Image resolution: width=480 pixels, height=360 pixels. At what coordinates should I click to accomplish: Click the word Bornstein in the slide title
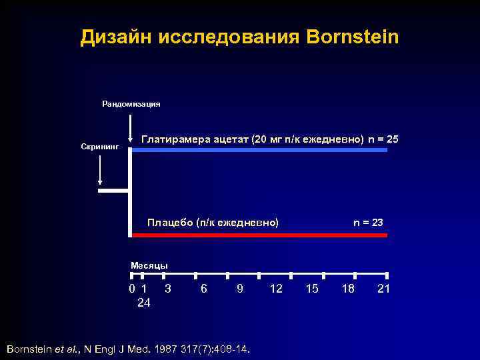353,37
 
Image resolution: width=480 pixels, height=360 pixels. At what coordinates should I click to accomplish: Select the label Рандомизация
131,103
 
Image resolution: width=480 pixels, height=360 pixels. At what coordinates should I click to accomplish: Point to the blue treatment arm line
260,151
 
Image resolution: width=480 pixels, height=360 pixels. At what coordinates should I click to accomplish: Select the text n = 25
383,139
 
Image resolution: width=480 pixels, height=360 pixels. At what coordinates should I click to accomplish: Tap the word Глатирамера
177,139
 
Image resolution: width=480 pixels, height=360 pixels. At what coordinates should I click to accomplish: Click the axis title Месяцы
149,265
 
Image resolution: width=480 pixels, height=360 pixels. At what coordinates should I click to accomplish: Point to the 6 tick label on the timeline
203,289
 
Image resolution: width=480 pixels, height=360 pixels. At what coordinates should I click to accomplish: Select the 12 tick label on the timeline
275,289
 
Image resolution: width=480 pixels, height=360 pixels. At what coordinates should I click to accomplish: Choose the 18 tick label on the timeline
347,289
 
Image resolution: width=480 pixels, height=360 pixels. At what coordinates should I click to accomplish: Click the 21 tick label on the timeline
383,289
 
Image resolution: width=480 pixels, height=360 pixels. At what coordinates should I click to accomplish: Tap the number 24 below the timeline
143,303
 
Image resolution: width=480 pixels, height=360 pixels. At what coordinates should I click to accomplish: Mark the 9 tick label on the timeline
239,289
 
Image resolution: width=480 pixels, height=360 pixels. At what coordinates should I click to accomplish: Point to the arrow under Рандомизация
130,127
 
